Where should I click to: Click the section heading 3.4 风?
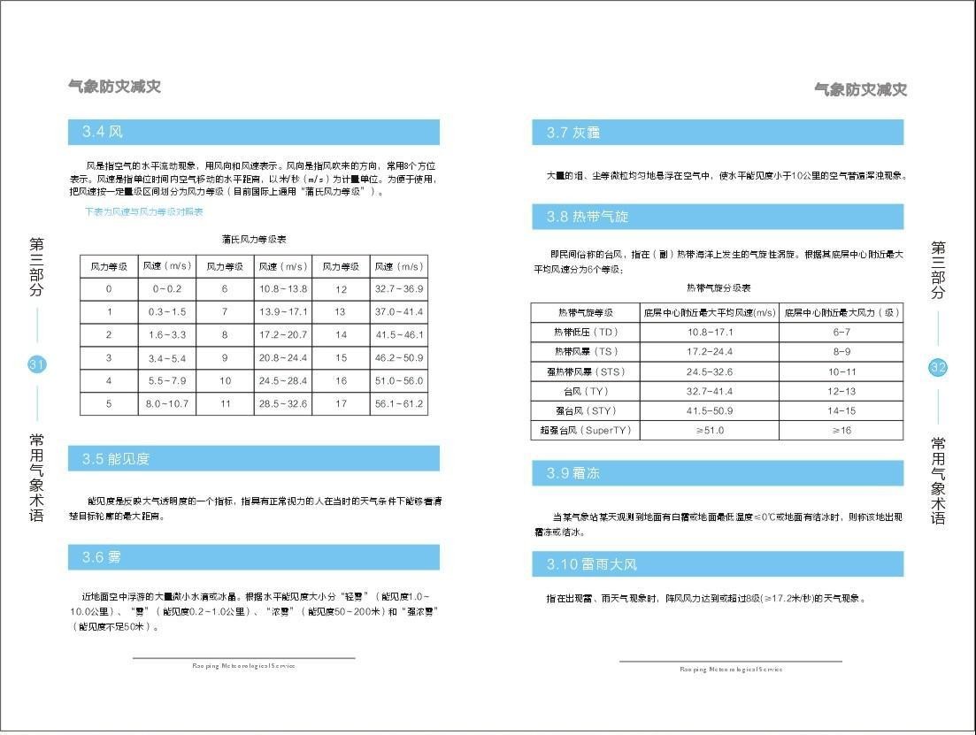[103, 133]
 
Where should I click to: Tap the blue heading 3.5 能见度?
[116, 459]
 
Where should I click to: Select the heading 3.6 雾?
[102, 557]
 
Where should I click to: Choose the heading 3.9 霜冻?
[573, 473]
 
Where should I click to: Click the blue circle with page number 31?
[37, 364]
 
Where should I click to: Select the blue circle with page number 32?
[938, 368]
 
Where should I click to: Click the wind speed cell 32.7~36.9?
[398, 289]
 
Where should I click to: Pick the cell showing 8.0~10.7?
[167, 404]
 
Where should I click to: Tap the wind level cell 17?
[341, 404]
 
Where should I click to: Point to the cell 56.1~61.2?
[398, 404]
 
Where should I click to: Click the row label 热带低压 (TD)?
[585, 333]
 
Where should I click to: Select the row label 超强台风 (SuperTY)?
[585, 431]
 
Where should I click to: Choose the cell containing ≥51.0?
[710, 431]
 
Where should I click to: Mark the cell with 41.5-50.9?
[710, 410]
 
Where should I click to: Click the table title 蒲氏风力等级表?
[254, 240]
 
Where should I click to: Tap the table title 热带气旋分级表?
[718, 288]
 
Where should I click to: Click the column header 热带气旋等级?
[585, 312]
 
